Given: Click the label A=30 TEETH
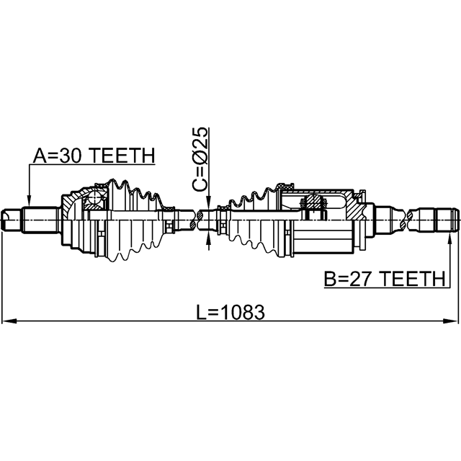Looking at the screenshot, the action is click(x=94, y=156).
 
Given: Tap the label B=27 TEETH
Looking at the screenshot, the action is click(x=385, y=279).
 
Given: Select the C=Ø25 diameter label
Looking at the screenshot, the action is click(x=200, y=159).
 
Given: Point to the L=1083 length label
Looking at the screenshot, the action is click(x=230, y=312).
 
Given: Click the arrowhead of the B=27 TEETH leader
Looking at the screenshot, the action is click(x=449, y=238).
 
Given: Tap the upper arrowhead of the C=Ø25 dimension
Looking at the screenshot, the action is click(x=208, y=203).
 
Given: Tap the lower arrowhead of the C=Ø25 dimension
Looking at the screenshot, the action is click(x=208, y=238).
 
